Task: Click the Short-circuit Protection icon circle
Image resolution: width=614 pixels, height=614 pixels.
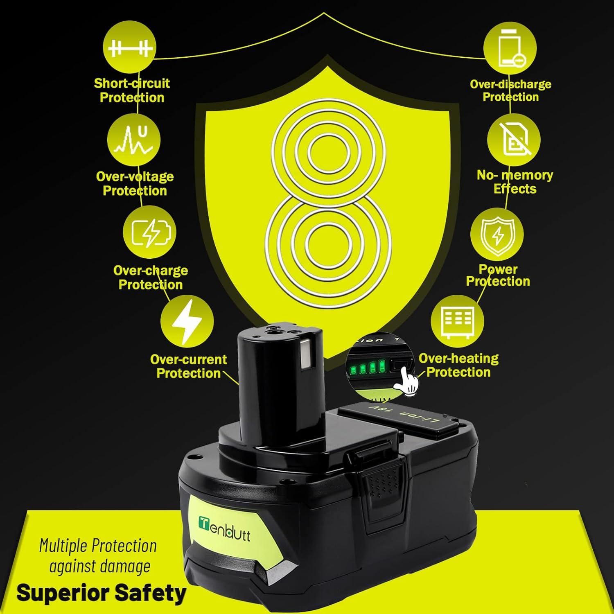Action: [129, 48]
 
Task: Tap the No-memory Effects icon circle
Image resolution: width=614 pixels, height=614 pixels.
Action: [514, 140]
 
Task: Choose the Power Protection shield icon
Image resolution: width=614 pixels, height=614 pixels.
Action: [497, 234]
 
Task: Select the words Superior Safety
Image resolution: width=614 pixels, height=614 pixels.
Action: [101, 592]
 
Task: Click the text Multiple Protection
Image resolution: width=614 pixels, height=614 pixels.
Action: [98, 546]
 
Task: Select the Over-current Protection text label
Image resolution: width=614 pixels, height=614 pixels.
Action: [188, 366]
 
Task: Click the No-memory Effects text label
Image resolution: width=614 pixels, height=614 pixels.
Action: [515, 182]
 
